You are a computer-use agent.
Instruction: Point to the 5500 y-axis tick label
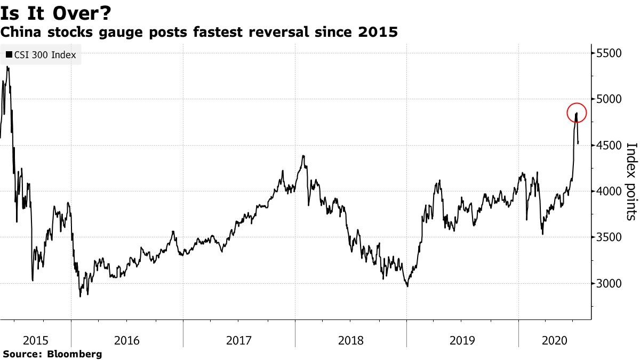[610, 53]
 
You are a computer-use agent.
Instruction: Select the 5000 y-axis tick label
[610, 99]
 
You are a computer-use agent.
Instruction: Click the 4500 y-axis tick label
[610, 146]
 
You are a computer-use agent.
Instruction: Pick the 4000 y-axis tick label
[610, 191]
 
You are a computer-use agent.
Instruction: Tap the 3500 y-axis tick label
[610, 237]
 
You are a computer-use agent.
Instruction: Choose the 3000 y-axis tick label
[610, 284]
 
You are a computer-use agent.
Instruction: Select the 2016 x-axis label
[127, 340]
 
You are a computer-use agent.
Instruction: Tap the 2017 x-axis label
[239, 340]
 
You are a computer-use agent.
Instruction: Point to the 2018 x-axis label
[350, 340]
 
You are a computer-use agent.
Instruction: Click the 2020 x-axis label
[554, 340]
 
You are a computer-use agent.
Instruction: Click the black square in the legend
[9, 54]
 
